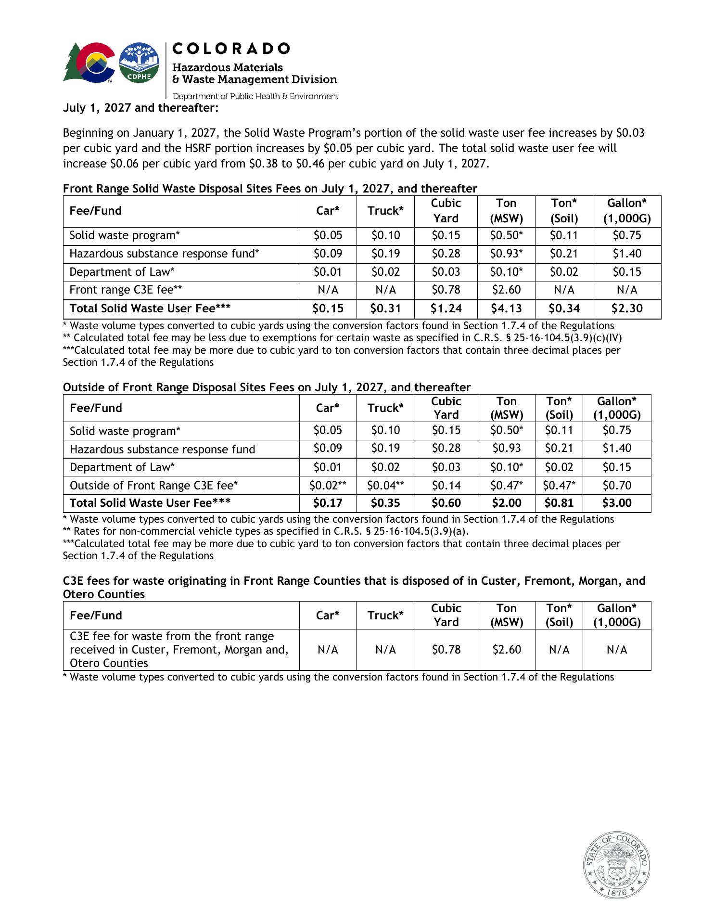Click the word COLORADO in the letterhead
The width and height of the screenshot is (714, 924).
click(x=231, y=49)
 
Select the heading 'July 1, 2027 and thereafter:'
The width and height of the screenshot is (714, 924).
click(x=141, y=108)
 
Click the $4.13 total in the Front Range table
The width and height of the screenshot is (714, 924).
click(x=506, y=308)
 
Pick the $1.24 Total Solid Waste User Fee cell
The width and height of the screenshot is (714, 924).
click(x=446, y=308)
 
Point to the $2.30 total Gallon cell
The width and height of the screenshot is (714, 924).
click(x=627, y=308)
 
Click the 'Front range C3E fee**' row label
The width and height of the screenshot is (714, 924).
click(x=126, y=290)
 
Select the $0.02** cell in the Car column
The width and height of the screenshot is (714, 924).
click(x=328, y=486)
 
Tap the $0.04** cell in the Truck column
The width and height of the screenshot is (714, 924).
click(x=385, y=486)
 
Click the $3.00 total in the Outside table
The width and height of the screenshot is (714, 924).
click(x=617, y=503)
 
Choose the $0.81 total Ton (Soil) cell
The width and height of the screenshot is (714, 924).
click(x=559, y=503)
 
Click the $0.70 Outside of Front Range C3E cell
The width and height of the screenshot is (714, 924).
click(x=617, y=486)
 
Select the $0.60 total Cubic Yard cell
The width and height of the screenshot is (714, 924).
click(x=446, y=503)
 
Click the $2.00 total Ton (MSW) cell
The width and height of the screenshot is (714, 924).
click(x=506, y=503)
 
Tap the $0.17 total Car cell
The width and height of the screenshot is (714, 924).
click(x=328, y=503)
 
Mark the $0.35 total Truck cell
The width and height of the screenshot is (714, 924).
click(x=385, y=503)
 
